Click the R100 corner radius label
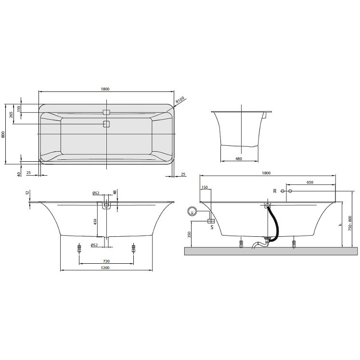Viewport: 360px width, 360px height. click(180, 100)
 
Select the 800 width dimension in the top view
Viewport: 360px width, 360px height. click(3, 134)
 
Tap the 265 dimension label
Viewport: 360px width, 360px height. click(11, 115)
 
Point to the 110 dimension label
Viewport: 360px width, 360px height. click(19, 108)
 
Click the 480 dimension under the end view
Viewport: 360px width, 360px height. click(239, 159)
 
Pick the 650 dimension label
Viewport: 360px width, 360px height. click(310, 182)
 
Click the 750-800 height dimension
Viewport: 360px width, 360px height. click(350, 223)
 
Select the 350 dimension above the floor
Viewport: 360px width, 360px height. click(189, 234)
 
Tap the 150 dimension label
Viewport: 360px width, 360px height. click(205, 187)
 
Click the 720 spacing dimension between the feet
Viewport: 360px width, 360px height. click(106, 261)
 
